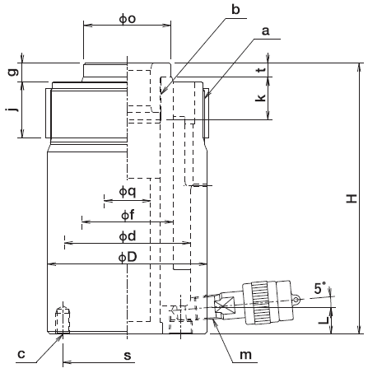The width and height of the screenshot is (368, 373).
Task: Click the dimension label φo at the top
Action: click(128, 19)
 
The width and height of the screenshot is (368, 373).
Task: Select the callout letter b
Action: click(235, 9)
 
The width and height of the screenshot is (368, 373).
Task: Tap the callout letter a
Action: click(265, 31)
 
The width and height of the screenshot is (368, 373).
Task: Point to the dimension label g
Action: click(13, 72)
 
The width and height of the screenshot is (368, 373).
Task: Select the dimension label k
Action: click(261, 98)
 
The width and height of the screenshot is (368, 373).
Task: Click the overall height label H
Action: click(352, 198)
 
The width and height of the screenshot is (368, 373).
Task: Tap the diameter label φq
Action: click(128, 191)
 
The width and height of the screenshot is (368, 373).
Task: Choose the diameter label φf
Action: click(128, 215)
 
